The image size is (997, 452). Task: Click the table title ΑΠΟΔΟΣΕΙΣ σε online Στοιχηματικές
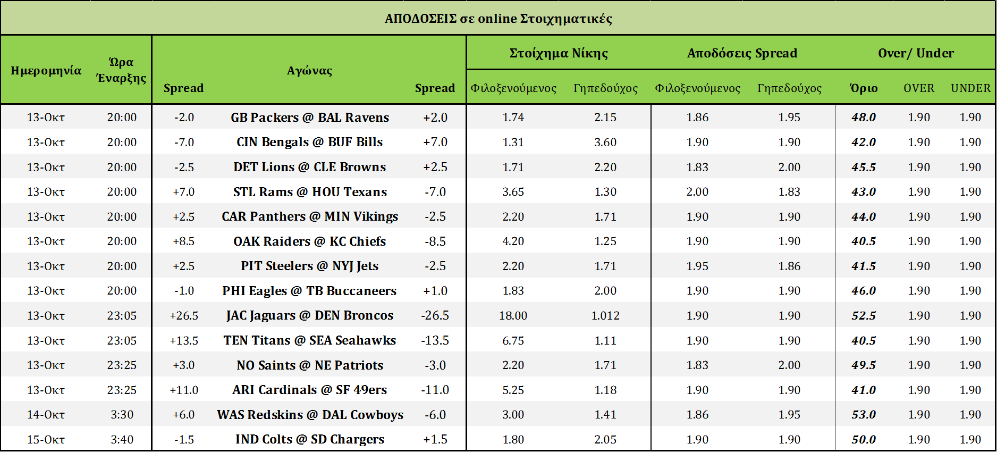coord(498,19)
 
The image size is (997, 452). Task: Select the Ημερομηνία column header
coord(46,70)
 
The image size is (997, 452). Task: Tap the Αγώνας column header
coord(309,70)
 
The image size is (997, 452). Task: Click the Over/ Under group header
coord(916,53)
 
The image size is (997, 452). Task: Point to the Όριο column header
coord(864,88)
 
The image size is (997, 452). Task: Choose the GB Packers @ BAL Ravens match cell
coord(309,117)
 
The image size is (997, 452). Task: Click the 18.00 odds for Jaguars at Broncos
coord(513,315)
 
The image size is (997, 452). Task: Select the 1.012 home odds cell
coord(605,315)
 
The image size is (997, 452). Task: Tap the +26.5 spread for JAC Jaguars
coord(184,315)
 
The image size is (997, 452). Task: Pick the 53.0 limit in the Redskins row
coord(864,414)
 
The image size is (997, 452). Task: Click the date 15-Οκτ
coord(46,439)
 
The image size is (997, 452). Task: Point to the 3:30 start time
coord(122,414)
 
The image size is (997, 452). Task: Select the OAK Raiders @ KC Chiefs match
coord(309,241)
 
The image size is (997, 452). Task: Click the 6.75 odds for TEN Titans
coord(513,340)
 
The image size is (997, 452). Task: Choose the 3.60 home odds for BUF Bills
coord(605,142)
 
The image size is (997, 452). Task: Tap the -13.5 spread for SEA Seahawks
coord(435,340)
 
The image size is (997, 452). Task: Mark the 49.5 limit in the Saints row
coord(864,365)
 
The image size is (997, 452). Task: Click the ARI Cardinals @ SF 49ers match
coord(309,390)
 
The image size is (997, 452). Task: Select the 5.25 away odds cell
coord(513,390)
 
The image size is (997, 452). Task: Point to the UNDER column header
coord(970,88)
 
